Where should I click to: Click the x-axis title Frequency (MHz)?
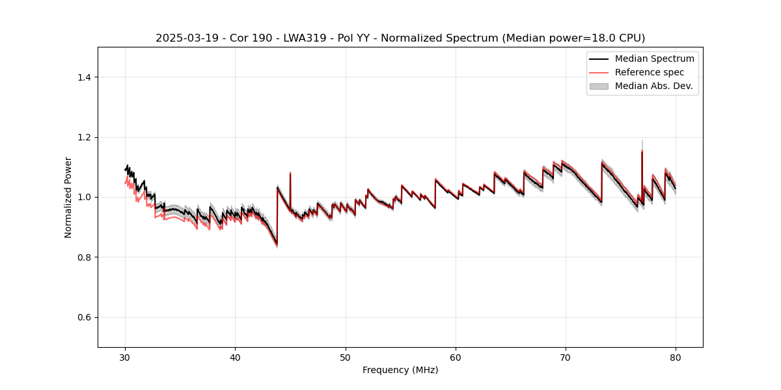click(x=400, y=370)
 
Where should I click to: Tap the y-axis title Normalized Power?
click(x=68, y=197)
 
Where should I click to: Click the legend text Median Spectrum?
click(x=654, y=58)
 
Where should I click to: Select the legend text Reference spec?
click(x=650, y=72)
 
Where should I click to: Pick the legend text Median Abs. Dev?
click(x=654, y=86)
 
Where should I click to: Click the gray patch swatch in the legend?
click(x=599, y=86)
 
